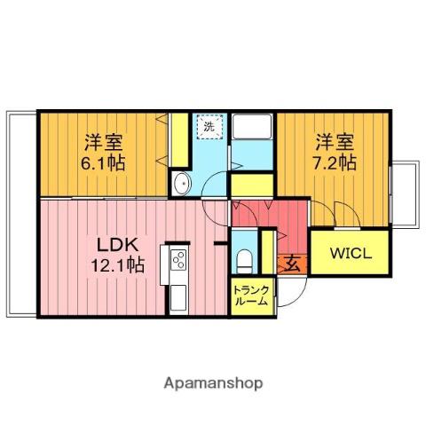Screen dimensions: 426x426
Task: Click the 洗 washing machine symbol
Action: (209, 127)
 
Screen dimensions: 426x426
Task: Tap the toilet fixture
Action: (244, 261)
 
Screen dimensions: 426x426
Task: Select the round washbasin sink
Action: (181, 184)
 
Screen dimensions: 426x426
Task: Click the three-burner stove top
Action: (178, 259)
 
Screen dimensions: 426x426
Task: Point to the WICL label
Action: (351, 254)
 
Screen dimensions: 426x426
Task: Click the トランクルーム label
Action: (251, 296)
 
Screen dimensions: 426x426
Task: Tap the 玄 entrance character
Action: (292, 264)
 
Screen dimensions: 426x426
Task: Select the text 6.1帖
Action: (103, 162)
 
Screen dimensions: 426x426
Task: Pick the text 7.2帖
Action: (335, 162)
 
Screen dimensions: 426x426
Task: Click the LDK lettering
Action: (118, 245)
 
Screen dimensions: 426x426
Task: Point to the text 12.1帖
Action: (117, 264)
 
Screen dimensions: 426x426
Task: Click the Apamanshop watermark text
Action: (213, 383)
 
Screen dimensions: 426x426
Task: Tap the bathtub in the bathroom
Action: (252, 127)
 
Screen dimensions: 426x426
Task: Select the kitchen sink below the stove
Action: (178, 297)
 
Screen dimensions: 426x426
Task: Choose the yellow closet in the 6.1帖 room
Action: (180, 140)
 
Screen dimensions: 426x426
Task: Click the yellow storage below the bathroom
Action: (252, 185)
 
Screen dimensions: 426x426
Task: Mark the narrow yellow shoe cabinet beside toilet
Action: (268, 252)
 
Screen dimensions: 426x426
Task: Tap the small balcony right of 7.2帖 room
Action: (405, 194)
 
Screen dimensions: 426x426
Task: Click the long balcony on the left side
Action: (21, 214)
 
